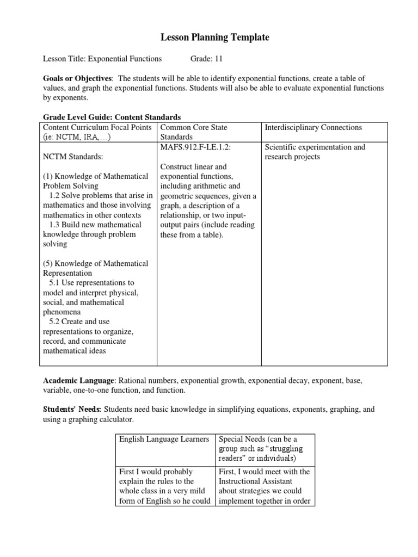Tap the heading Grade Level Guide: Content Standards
pyautogui.click(x=112, y=117)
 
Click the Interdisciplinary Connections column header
pyautogui.click(x=313, y=127)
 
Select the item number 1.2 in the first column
pyautogui.click(x=54, y=195)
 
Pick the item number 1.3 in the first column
pyautogui.click(x=54, y=225)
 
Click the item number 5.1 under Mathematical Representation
pyautogui.click(x=54, y=283)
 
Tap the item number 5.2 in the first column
pyautogui.click(x=54, y=322)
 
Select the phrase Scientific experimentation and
pyautogui.click(x=315, y=147)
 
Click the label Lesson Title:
pyautogui.click(x=64, y=59)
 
